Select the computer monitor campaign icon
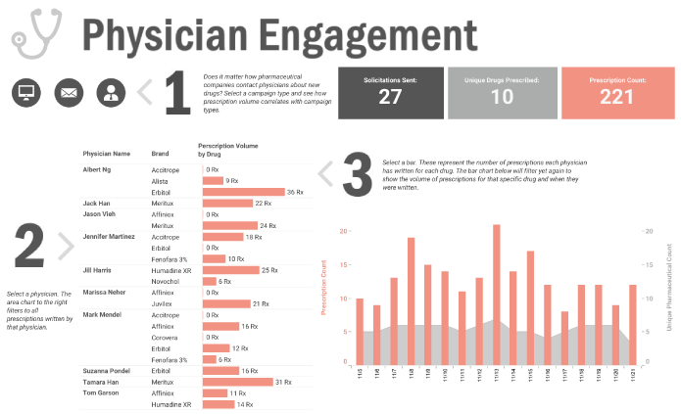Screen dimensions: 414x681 pos(26,93)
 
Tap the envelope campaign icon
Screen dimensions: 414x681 pos(70,93)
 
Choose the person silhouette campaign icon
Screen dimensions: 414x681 pos(113,93)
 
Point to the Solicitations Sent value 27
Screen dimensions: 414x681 pos(390,97)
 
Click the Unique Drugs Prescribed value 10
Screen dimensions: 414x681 pos(502,97)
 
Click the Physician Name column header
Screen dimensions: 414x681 pos(107,154)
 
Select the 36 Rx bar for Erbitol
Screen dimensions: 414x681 pos(243,192)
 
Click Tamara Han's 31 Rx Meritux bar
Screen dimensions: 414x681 pos(237,382)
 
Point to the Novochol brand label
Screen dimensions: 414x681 pos(167,281)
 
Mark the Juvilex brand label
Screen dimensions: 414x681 pos(163,303)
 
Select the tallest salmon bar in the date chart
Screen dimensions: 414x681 pos(497,293)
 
